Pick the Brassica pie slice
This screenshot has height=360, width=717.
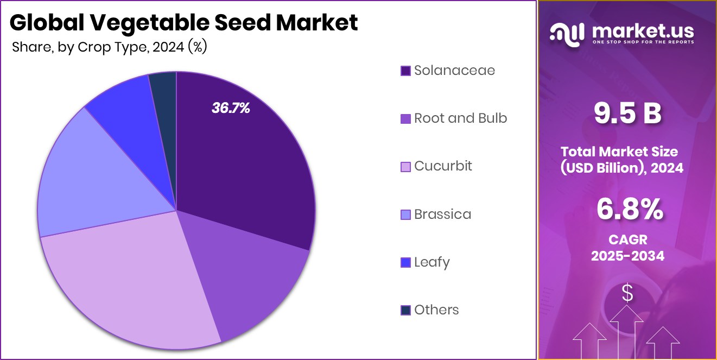tap(92, 179)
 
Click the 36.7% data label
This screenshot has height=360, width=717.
tap(231, 109)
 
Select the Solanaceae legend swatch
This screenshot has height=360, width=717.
tap(405, 71)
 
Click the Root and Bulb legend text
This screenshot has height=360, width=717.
tap(460, 118)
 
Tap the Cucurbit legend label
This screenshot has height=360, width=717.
tap(443, 166)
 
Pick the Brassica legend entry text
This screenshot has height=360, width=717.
tap(442, 214)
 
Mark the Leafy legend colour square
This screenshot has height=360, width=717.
tap(405, 263)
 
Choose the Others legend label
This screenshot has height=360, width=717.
tap(436, 310)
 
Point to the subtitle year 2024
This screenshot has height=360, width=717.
tap(168, 47)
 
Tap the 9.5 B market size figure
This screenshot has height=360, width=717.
tap(627, 113)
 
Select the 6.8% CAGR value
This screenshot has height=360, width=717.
tap(629, 210)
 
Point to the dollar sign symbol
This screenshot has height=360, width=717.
tap(627, 294)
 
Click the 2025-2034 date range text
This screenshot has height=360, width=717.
tap(627, 256)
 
